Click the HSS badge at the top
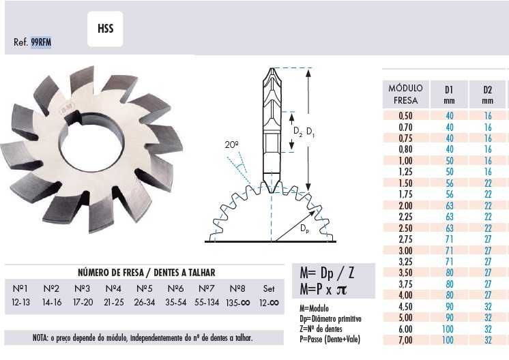[105, 29]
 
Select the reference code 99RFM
[42, 42]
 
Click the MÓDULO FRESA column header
[405, 94]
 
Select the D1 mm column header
[450, 94]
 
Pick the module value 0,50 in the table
[405, 117]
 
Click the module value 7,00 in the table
[405, 340]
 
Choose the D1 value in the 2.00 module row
[450, 205]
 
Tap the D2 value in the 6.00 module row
[488, 329]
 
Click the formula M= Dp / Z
[328, 274]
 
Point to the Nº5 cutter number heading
[144, 288]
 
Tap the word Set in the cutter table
[269, 288]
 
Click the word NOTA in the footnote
[42, 337]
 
